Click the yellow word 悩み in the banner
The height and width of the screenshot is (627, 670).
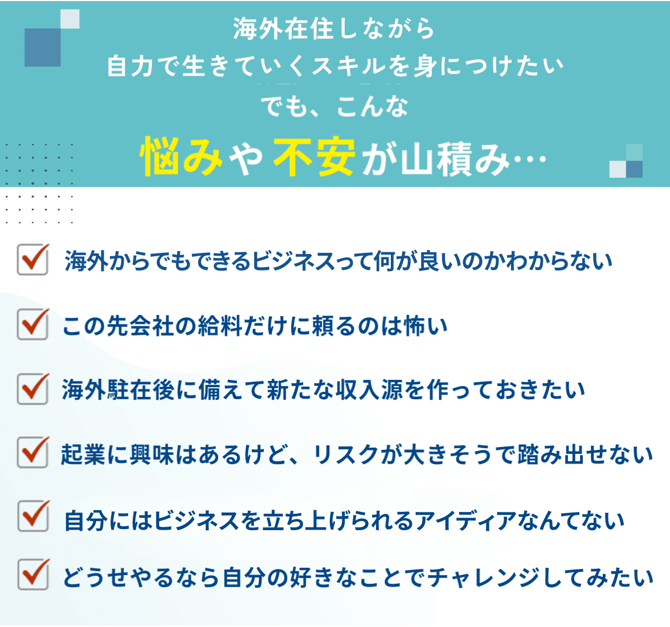click(x=181, y=155)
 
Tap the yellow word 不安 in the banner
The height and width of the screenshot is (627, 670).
click(x=314, y=155)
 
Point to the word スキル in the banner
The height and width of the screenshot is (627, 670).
click(x=349, y=67)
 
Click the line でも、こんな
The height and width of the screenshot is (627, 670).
click(x=334, y=106)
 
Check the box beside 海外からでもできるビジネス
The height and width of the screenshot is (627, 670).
click(x=32, y=260)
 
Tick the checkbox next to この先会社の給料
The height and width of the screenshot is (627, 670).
click(x=32, y=325)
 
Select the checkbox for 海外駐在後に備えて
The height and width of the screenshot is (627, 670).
click(x=32, y=390)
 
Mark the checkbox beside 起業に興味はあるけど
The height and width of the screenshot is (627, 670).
click(x=32, y=453)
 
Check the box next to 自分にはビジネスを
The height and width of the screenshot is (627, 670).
click(x=32, y=517)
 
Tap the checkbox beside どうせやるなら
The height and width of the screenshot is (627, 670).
click(x=32, y=575)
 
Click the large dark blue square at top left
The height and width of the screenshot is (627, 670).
click(x=43, y=47)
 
